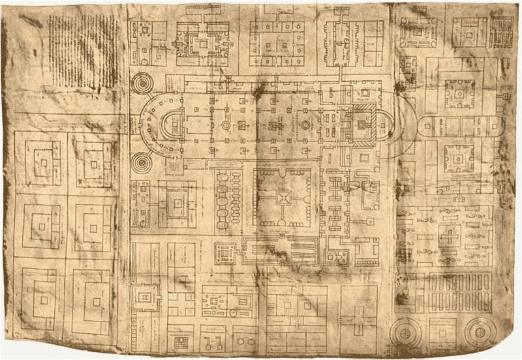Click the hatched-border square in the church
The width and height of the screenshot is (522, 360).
point(361,123)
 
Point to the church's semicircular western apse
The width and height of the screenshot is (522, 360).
point(171,124)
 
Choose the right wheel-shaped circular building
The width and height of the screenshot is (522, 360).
point(480,331)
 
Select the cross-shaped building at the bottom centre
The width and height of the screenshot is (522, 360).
point(358,320)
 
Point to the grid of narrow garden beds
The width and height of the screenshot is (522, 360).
point(461,291)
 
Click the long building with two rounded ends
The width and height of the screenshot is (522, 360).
point(459,125)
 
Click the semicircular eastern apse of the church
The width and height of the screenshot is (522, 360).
point(386,124)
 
